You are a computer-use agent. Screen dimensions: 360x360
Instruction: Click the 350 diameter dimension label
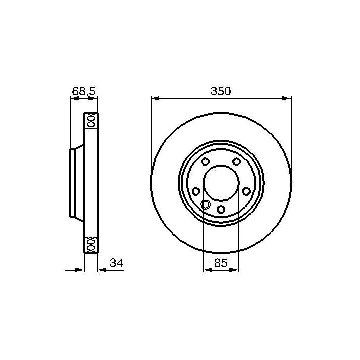point(221,91)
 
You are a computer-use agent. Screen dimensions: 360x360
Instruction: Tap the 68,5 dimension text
point(84,91)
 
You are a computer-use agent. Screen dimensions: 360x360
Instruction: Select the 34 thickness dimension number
point(116,263)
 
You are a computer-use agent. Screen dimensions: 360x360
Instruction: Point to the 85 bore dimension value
point(221,263)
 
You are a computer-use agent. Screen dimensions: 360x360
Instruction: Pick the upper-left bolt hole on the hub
point(205,161)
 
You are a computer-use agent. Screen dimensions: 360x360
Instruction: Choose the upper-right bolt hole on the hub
point(237,161)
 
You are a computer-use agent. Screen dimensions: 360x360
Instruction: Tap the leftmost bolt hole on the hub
point(196,191)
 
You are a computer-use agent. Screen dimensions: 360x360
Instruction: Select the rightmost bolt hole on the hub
point(247,191)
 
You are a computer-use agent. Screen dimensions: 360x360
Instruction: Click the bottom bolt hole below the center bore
point(221,209)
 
